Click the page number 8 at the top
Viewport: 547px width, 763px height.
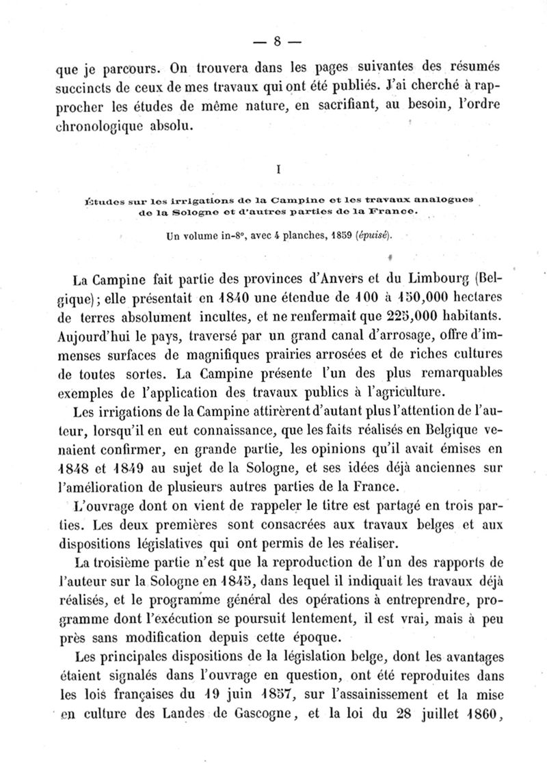[278, 40]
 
